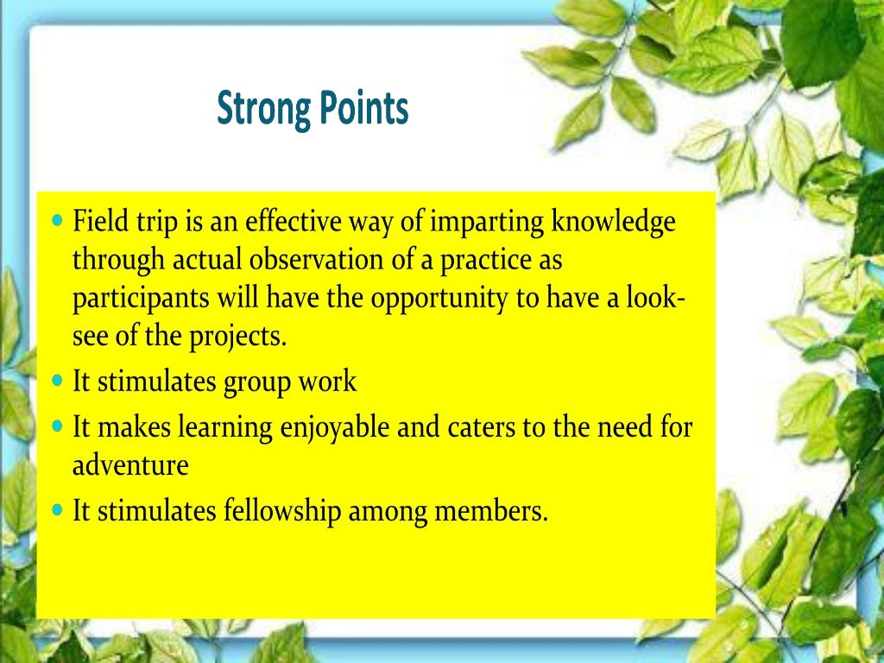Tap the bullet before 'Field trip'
58,220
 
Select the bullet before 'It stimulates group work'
58,380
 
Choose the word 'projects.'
236,337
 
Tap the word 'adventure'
130,466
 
